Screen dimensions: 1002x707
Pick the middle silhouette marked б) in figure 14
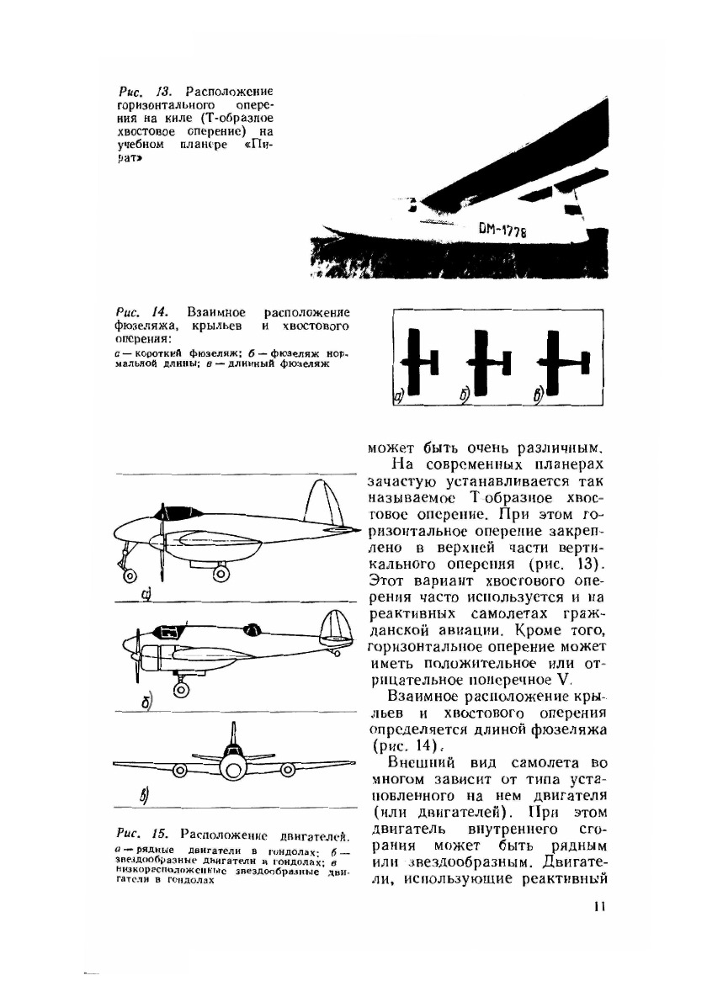486,359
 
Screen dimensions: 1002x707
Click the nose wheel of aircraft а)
130,576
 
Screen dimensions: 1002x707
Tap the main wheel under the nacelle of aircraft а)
221,573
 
